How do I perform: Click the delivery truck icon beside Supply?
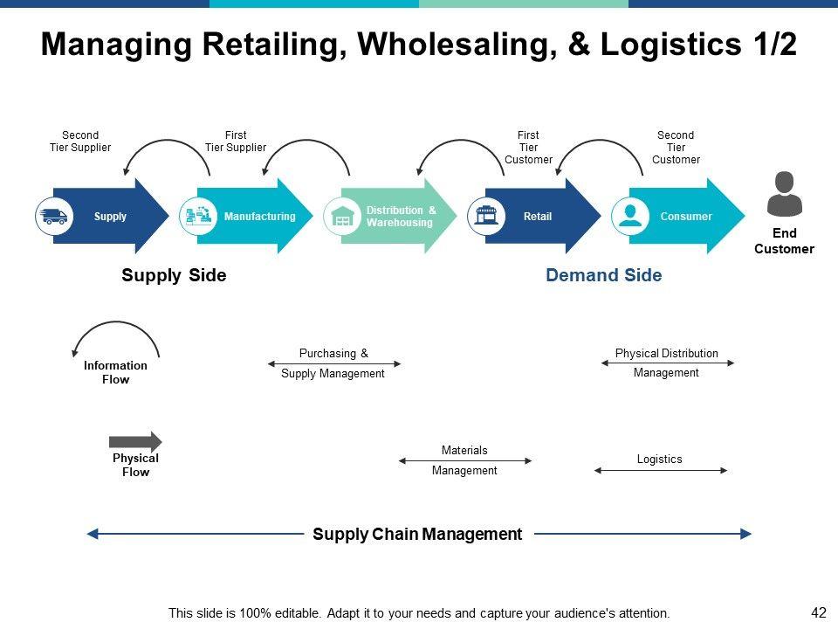pyautogui.click(x=54, y=216)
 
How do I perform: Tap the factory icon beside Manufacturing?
pyautogui.click(x=198, y=216)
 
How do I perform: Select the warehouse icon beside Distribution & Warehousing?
pyautogui.click(x=342, y=217)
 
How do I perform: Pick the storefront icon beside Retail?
pyautogui.click(x=486, y=216)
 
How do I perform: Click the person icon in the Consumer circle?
pyautogui.click(x=630, y=216)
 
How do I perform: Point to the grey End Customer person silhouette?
pyautogui.click(x=784, y=194)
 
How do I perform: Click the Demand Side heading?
pyautogui.click(x=604, y=275)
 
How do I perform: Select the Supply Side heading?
pyautogui.click(x=174, y=275)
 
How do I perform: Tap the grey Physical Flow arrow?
pyautogui.click(x=135, y=442)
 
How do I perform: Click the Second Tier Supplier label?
pyautogui.click(x=80, y=142)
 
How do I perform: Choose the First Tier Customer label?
pyautogui.click(x=529, y=147)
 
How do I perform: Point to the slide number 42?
pyautogui.click(x=818, y=612)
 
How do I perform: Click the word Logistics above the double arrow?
pyautogui.click(x=660, y=459)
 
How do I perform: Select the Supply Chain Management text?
pyautogui.click(x=417, y=534)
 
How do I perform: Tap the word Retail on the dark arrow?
pyautogui.click(x=538, y=216)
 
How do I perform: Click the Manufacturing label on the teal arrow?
pyautogui.click(x=260, y=216)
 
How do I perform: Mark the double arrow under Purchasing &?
pyautogui.click(x=334, y=363)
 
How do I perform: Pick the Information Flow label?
pyautogui.click(x=115, y=372)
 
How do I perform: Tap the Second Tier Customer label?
pyautogui.click(x=676, y=147)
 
